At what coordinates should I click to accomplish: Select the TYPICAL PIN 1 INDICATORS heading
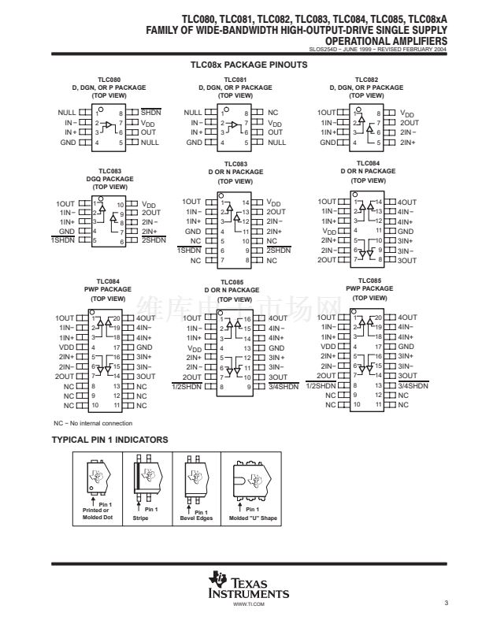109,439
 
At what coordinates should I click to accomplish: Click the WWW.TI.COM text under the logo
249,604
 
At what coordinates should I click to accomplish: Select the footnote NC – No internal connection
94,424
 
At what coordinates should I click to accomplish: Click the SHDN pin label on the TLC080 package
151,113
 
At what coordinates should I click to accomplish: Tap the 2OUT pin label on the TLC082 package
409,123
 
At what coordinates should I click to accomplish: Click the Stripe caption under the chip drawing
140,518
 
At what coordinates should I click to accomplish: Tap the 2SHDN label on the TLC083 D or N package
279,251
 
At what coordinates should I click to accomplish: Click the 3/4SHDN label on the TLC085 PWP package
413,386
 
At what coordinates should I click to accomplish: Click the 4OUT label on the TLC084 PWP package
146,318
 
